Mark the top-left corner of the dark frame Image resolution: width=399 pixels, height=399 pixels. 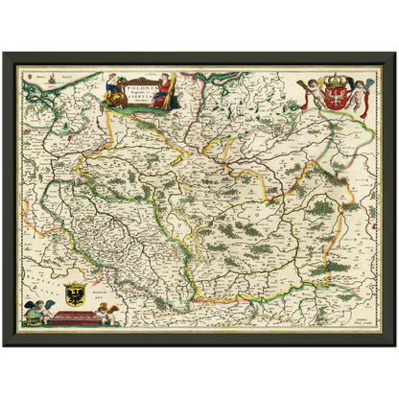point(3,52)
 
